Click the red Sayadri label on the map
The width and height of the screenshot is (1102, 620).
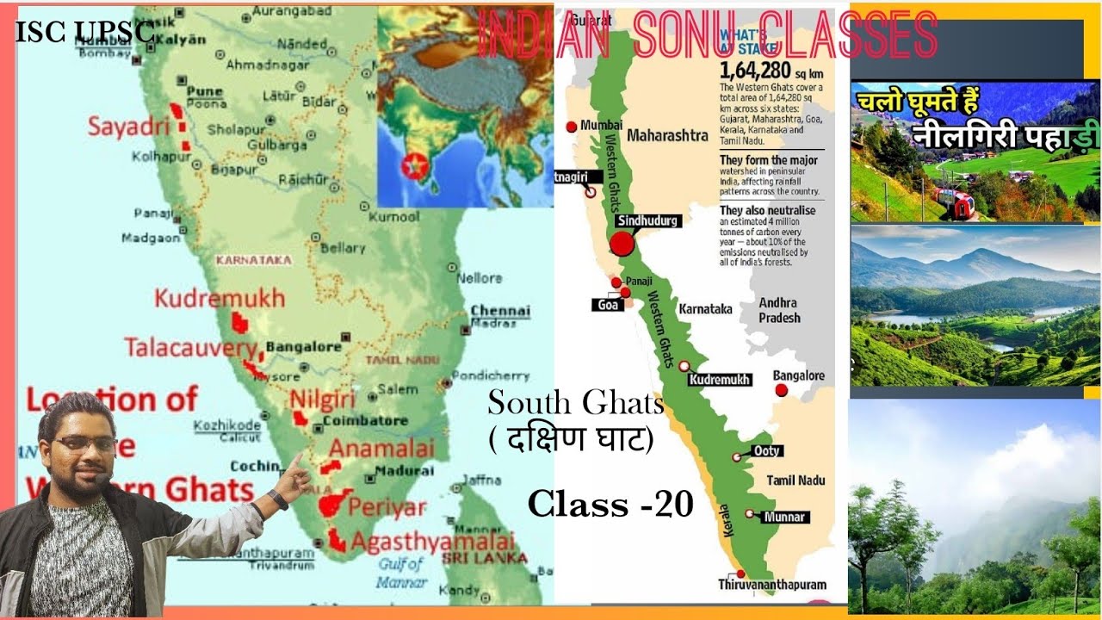click(x=129, y=127)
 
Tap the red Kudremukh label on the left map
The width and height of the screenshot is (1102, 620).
click(x=220, y=299)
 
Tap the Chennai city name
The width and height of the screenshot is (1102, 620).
click(x=499, y=310)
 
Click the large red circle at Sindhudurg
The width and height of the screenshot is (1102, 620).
click(x=622, y=245)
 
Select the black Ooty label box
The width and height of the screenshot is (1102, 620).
click(x=766, y=450)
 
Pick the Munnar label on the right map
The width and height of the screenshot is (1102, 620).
click(x=783, y=517)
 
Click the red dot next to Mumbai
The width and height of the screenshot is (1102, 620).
click(x=571, y=127)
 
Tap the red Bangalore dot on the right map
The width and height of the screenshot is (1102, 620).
click(x=781, y=390)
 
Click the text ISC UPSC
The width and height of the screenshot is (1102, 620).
click(x=84, y=32)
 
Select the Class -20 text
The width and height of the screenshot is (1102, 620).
click(x=610, y=504)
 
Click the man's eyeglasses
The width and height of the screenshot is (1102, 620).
click(x=84, y=444)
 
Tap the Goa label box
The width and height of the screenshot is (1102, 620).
click(x=605, y=305)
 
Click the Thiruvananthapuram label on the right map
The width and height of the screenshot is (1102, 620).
click(x=772, y=584)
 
